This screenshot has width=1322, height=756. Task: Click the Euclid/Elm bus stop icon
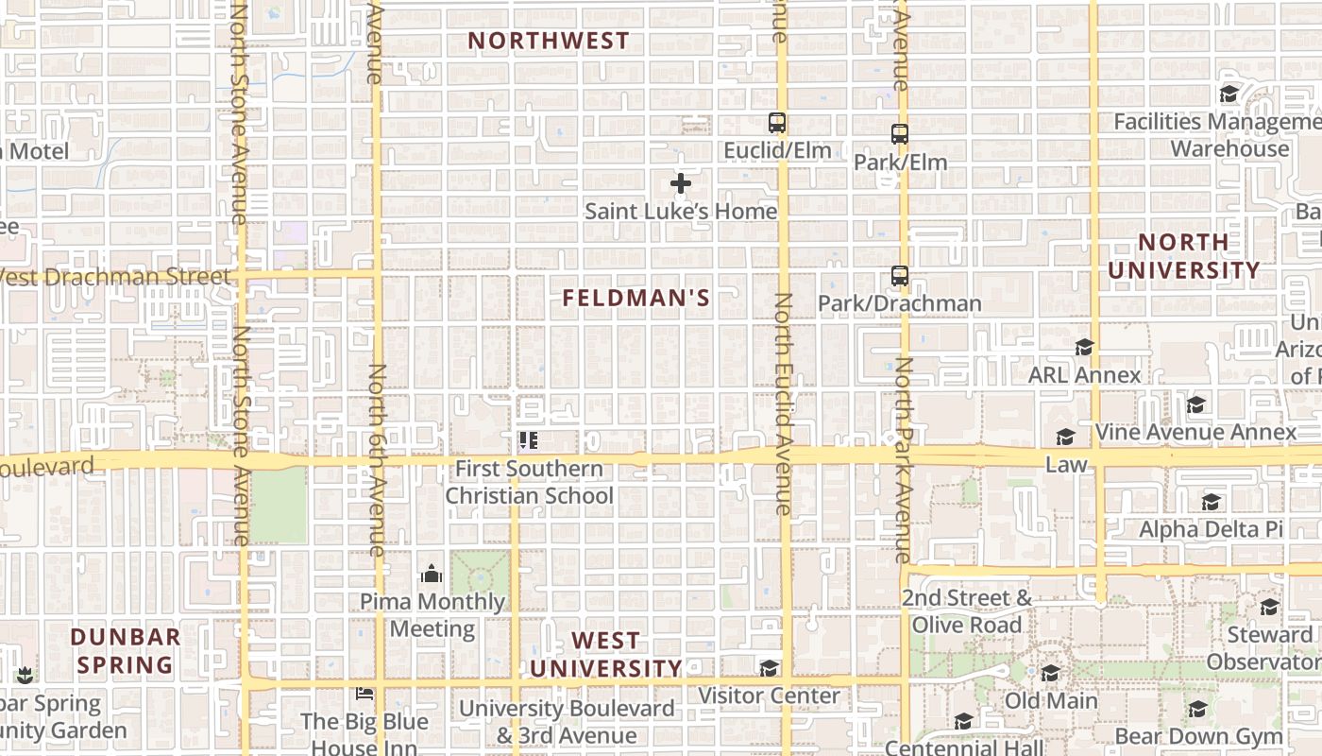(777, 123)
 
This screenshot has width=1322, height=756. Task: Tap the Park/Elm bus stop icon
(900, 134)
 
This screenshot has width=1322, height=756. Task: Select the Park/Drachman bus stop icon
(900, 277)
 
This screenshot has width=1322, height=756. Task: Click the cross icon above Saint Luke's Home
(681, 183)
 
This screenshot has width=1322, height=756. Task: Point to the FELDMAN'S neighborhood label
(636, 299)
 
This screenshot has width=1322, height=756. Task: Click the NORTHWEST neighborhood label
(549, 41)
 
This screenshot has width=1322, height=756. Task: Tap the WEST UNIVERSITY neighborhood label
(605, 655)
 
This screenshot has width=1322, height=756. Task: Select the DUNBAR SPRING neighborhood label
(126, 650)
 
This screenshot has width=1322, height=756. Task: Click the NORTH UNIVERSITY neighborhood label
(1184, 256)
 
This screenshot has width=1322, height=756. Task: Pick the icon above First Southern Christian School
(528, 440)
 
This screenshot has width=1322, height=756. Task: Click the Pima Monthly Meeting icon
(432, 574)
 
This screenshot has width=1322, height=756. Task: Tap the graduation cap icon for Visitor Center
(770, 669)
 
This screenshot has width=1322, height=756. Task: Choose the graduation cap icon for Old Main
(1051, 674)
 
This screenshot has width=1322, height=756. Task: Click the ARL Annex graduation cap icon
(1084, 348)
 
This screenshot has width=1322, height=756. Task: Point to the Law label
(1066, 465)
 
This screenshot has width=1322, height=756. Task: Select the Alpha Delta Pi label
(1211, 529)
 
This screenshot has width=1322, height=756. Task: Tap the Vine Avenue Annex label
(1196, 432)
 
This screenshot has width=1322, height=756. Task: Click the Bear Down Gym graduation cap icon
(1198, 709)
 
